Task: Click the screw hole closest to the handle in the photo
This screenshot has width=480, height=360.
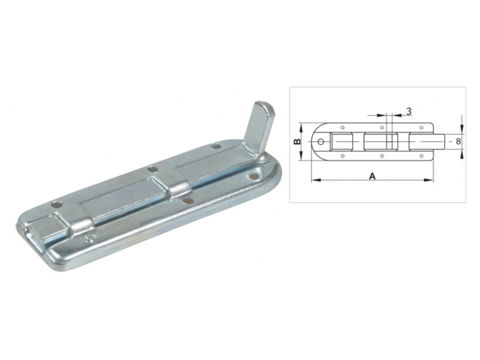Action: coord(217,146)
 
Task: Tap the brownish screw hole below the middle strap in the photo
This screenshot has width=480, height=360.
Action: coord(188,201)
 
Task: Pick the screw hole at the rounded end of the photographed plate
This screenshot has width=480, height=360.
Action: coord(253,176)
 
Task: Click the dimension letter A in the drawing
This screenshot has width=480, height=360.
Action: coord(372,176)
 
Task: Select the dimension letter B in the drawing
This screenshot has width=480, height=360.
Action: coord(296,142)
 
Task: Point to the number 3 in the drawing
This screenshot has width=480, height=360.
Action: coord(409,112)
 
